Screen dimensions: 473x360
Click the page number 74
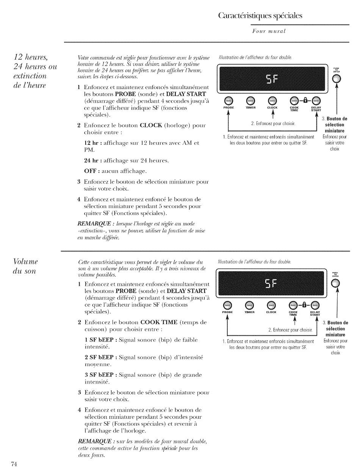tap(15, 464)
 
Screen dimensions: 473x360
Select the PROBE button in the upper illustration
tap(227, 100)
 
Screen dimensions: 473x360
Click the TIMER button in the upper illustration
tap(249, 100)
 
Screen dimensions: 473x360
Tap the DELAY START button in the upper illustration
tap(315, 100)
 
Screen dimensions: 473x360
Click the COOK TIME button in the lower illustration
tap(293, 294)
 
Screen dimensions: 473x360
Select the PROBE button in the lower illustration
tap(227, 294)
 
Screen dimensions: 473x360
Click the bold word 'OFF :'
tap(91, 171)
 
